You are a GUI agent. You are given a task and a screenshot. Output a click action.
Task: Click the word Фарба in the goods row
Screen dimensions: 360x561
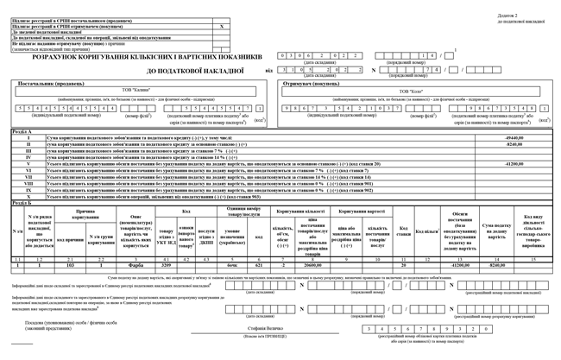coord(136,265)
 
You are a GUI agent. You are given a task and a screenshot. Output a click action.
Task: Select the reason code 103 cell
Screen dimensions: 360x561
coord(70,265)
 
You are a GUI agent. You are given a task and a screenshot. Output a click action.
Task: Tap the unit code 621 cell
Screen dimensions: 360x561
coord(259,265)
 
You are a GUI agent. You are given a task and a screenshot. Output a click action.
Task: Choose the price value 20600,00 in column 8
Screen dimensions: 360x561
coord(313,265)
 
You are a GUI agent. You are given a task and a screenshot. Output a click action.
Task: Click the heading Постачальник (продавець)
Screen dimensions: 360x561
coord(47,84)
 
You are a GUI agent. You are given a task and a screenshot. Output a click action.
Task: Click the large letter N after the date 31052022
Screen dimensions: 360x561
coord(373,70)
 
